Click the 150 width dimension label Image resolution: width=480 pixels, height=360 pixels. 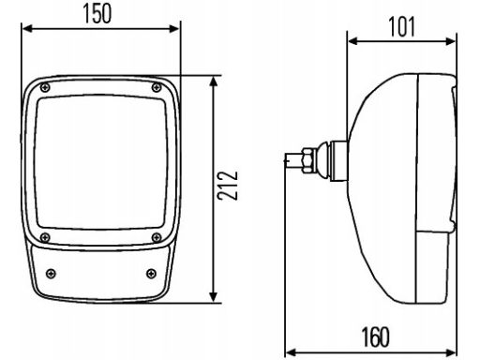tap(97, 14)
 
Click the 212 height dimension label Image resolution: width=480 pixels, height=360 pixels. tap(228, 186)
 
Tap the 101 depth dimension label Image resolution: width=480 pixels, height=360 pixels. tap(402, 27)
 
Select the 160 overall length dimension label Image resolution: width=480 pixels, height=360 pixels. tap(376, 337)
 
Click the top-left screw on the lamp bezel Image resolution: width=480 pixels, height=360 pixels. tap(45, 88)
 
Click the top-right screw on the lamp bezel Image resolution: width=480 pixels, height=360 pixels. tap(157, 87)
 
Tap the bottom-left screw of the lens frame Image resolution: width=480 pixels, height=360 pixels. tap(45, 238)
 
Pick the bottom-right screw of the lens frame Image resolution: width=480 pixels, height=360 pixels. tap(157, 238)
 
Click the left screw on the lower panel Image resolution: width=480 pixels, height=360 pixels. tap(51, 274)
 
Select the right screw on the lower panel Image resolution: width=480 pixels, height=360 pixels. tap(151, 274)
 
